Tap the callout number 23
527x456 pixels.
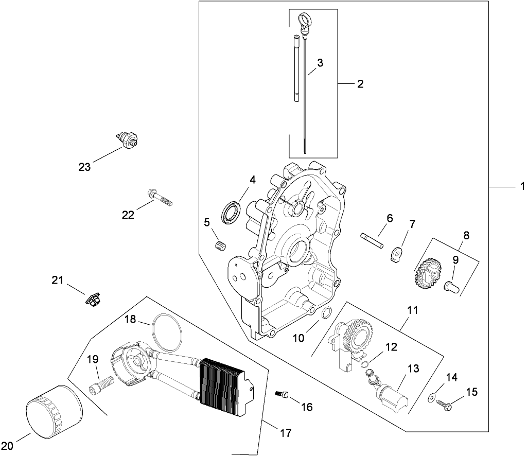(x=84, y=167)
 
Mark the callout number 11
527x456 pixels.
(x=412, y=311)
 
